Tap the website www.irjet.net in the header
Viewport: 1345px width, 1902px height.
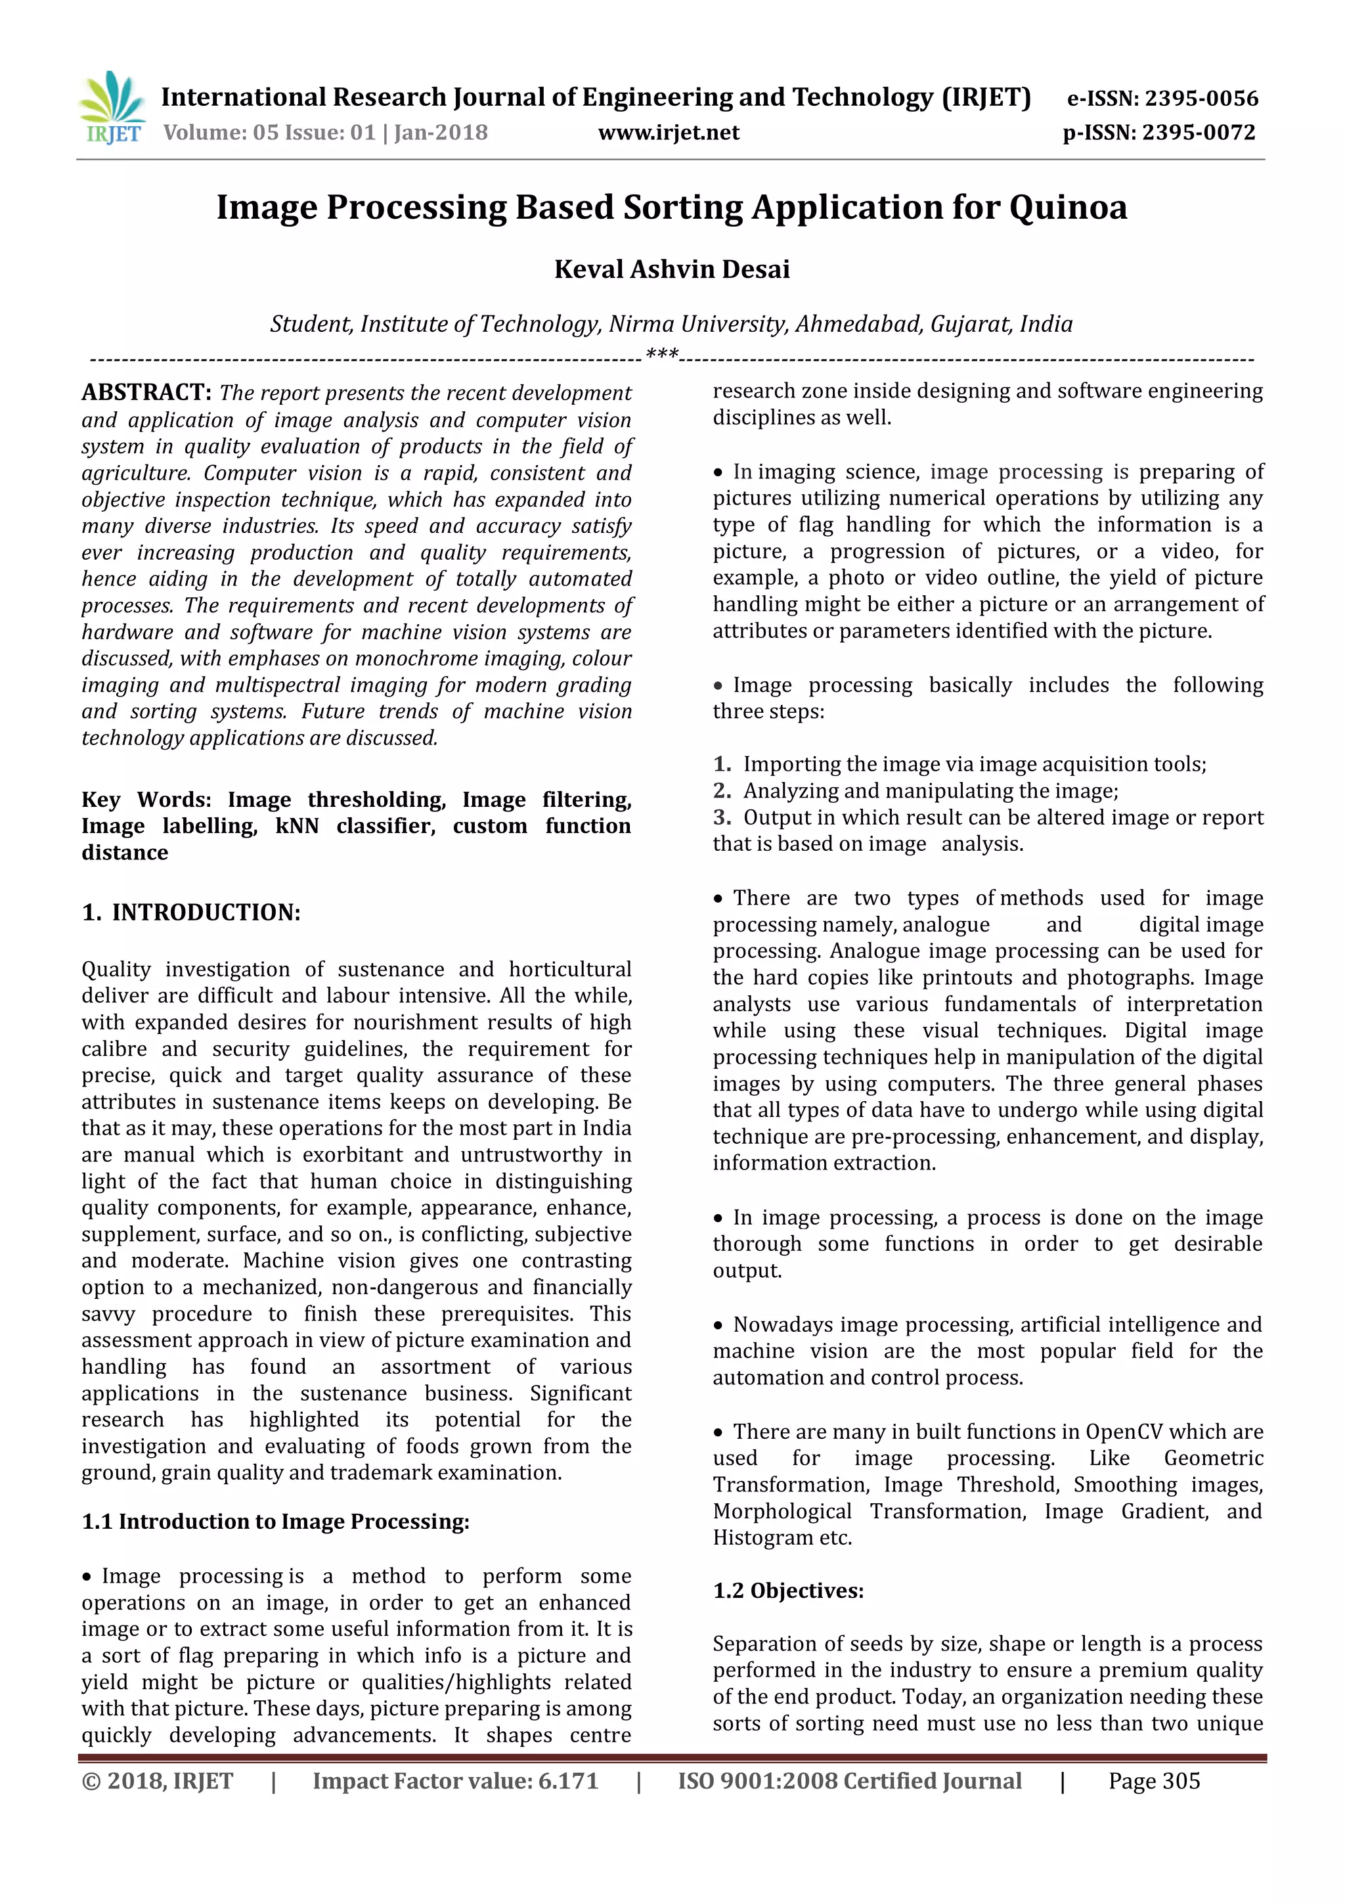tap(669, 133)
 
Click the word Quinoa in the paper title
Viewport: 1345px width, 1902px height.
tap(1068, 207)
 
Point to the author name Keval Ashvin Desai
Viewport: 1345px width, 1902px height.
tap(672, 269)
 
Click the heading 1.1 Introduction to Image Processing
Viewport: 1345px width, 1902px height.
tap(275, 1521)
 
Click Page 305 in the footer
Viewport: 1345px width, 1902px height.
tap(1154, 1781)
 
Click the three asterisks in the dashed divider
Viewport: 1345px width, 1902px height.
tap(662, 355)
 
